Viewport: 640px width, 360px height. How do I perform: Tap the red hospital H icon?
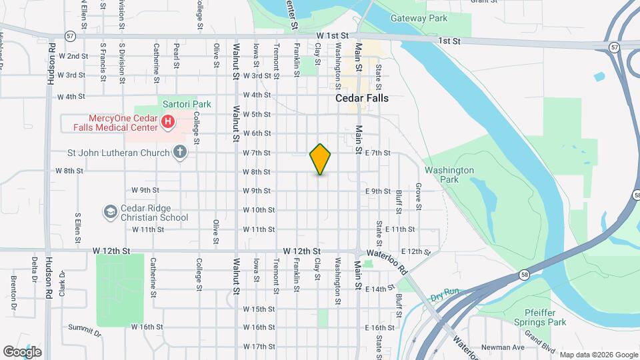click(x=168, y=122)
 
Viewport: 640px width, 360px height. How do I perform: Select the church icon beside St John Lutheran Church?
click(x=179, y=152)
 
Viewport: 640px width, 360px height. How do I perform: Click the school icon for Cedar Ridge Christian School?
click(x=110, y=212)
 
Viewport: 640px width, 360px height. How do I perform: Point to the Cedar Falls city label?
click(x=362, y=97)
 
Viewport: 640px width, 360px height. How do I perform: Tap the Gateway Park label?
click(x=419, y=19)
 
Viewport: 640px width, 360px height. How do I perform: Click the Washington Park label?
click(x=449, y=175)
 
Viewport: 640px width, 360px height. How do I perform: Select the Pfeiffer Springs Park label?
click(x=536, y=317)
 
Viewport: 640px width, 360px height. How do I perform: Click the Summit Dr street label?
click(x=84, y=329)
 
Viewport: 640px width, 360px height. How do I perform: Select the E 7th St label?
click(x=377, y=153)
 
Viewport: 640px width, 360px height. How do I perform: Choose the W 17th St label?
click(x=259, y=347)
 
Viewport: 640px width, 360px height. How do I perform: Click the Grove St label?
click(x=419, y=197)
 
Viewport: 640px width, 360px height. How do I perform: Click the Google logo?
click(x=22, y=352)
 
